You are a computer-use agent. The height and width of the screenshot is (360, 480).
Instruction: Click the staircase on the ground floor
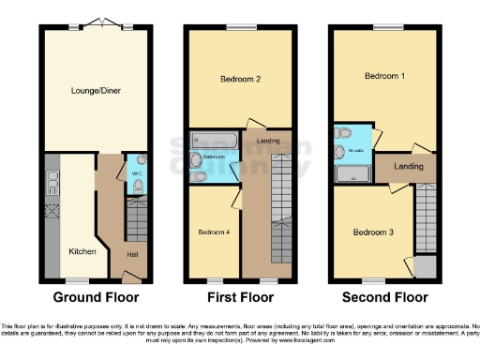pyautogui.click(x=137, y=221)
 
